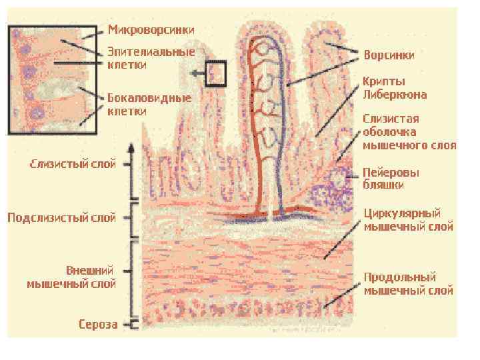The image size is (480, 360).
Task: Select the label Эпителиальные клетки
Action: (x=151, y=58)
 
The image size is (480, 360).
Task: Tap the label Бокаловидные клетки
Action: (x=149, y=105)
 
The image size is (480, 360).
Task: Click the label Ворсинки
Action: (x=389, y=55)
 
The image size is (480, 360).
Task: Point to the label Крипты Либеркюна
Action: (x=395, y=87)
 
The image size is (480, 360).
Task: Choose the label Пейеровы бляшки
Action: (x=391, y=177)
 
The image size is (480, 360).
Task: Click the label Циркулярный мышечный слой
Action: (x=408, y=220)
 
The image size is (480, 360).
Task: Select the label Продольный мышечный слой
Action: (x=408, y=283)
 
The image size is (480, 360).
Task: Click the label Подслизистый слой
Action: (x=62, y=218)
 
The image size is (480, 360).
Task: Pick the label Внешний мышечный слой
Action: (x=71, y=277)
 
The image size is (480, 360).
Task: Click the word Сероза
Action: (x=98, y=325)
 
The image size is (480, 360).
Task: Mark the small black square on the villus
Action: (x=217, y=73)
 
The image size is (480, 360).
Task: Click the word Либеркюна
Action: (x=395, y=94)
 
